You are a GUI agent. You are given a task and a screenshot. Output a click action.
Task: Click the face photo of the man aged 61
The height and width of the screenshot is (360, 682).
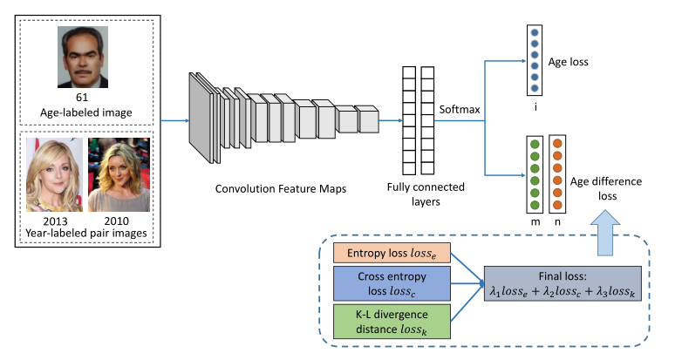[83, 57]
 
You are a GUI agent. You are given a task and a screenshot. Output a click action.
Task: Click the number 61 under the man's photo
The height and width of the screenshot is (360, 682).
[83, 98]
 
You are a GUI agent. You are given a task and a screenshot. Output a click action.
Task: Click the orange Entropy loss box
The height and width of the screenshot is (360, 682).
[392, 253]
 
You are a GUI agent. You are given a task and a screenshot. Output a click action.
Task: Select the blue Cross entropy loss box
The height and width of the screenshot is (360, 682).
[392, 282]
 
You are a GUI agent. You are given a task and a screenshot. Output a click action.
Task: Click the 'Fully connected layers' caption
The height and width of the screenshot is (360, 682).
[426, 194]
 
